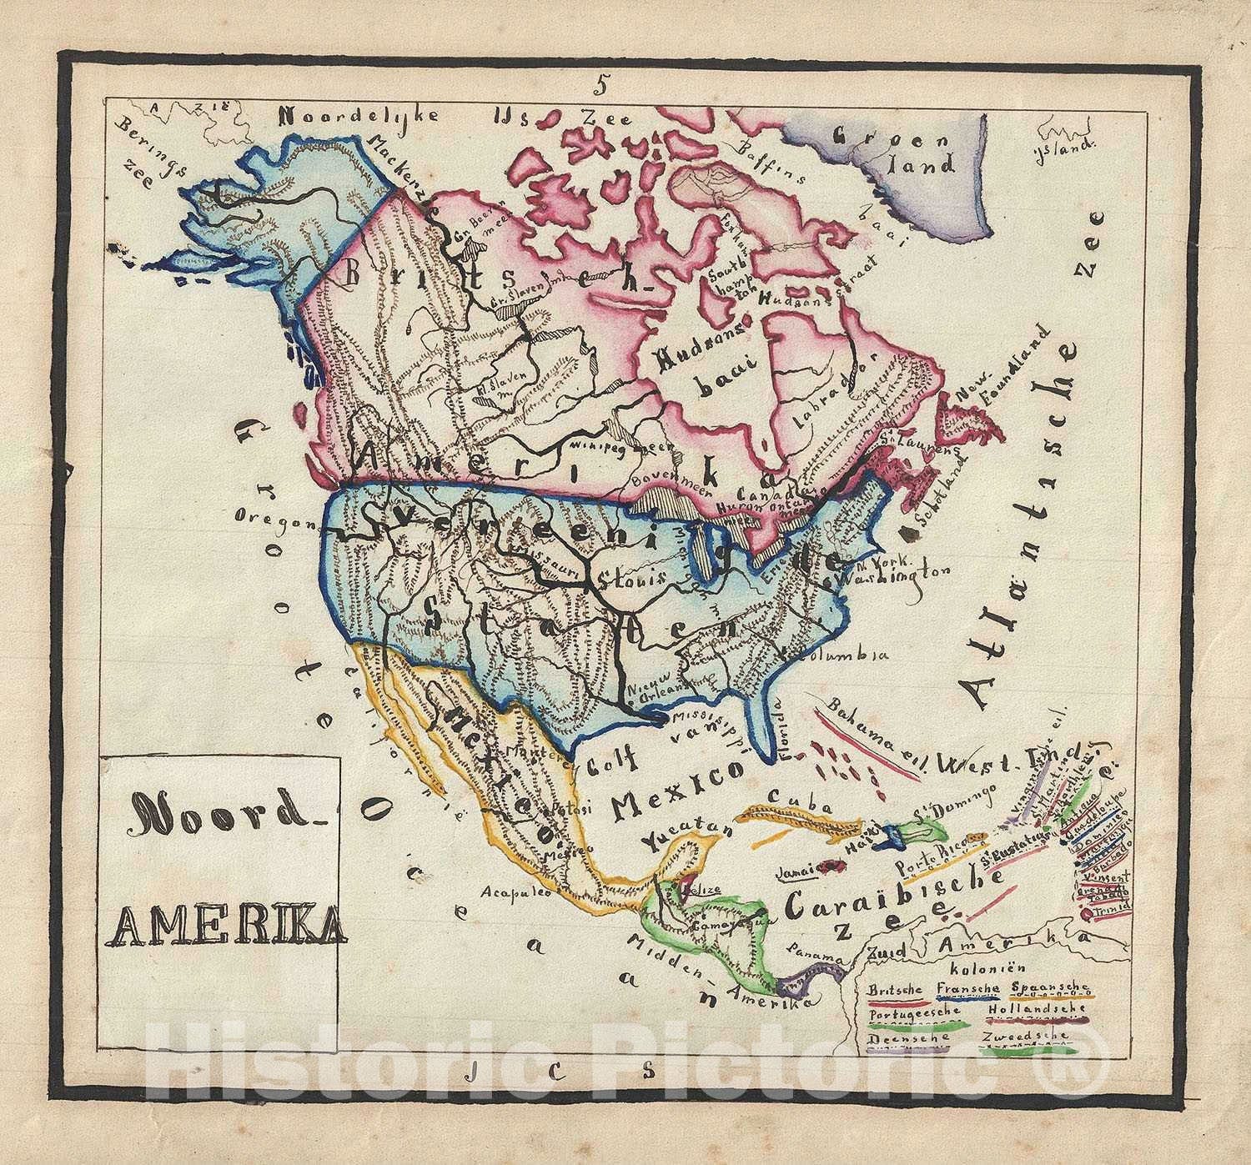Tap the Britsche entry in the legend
coord(895,990)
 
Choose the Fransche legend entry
coord(967,990)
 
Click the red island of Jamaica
coord(831,868)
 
